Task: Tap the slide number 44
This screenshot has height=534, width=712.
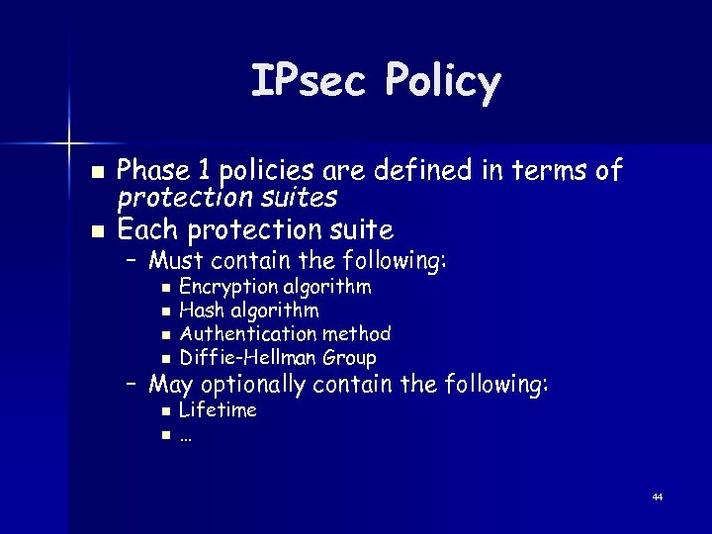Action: click(658, 496)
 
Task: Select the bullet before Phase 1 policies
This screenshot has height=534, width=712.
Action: click(96, 172)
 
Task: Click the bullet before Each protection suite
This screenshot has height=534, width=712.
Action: click(96, 231)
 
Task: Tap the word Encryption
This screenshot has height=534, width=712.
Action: click(227, 288)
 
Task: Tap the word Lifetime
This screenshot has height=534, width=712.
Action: click(218, 409)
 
